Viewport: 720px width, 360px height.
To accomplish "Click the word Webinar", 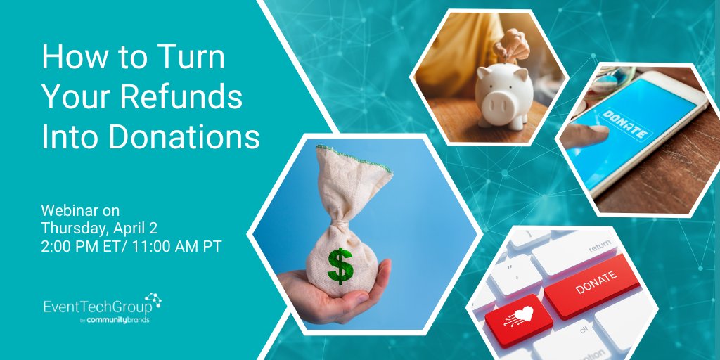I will tap(70, 210).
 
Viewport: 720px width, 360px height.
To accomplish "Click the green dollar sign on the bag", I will tap(340, 265).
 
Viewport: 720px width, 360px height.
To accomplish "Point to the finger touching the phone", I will tap(587, 136).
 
